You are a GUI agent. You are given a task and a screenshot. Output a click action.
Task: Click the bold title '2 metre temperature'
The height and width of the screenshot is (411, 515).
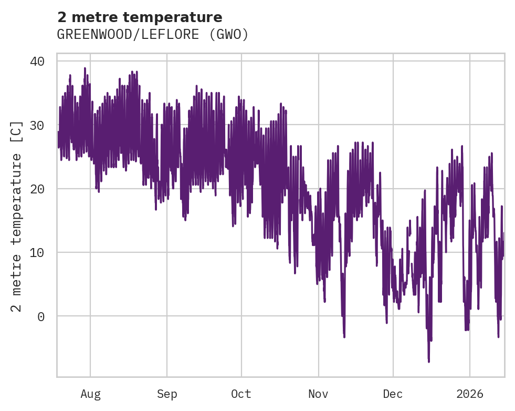pos(140,17)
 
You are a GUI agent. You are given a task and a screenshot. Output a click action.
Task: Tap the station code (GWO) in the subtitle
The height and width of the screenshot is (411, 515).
pos(230,35)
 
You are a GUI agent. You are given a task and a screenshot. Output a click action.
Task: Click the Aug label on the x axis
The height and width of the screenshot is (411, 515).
pos(90,394)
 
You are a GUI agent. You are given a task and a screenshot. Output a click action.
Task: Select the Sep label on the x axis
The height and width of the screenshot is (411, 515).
pos(167,394)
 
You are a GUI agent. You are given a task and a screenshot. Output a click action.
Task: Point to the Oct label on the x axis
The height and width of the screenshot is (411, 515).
pos(241,394)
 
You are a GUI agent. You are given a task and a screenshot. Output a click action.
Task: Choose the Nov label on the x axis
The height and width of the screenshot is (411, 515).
pos(318,394)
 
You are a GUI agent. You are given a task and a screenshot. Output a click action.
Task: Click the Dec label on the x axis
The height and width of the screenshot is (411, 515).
pos(393,394)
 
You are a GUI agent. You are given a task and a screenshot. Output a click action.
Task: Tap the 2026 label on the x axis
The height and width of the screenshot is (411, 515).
pos(469,394)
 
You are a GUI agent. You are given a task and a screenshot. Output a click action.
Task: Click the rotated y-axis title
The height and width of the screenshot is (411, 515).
pos(17,215)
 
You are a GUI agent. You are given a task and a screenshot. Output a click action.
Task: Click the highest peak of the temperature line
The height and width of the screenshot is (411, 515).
pos(85,68)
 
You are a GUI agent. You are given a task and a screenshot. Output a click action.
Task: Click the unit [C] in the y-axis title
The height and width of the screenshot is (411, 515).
pos(17,131)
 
